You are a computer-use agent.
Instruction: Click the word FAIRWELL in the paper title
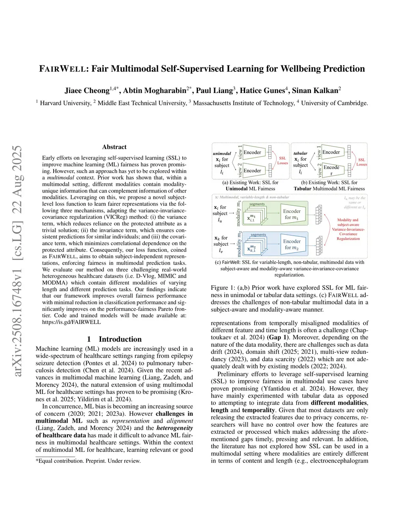(x=63, y=69)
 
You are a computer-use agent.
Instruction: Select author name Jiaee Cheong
(x=87, y=91)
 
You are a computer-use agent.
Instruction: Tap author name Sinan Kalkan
(x=315, y=91)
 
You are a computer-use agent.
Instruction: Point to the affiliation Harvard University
(x=65, y=103)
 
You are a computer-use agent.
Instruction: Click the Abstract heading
(x=114, y=147)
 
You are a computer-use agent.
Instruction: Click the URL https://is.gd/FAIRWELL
(x=71, y=322)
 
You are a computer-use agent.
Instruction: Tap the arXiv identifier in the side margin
(x=18, y=260)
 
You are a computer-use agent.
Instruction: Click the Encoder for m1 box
(x=292, y=214)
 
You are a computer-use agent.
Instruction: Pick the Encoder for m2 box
(x=292, y=244)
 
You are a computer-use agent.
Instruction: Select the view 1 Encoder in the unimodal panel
(x=252, y=152)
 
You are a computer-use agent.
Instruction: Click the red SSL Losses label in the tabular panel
(x=361, y=162)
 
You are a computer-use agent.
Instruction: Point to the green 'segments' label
(x=257, y=204)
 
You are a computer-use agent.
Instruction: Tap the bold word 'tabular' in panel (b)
(x=300, y=153)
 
